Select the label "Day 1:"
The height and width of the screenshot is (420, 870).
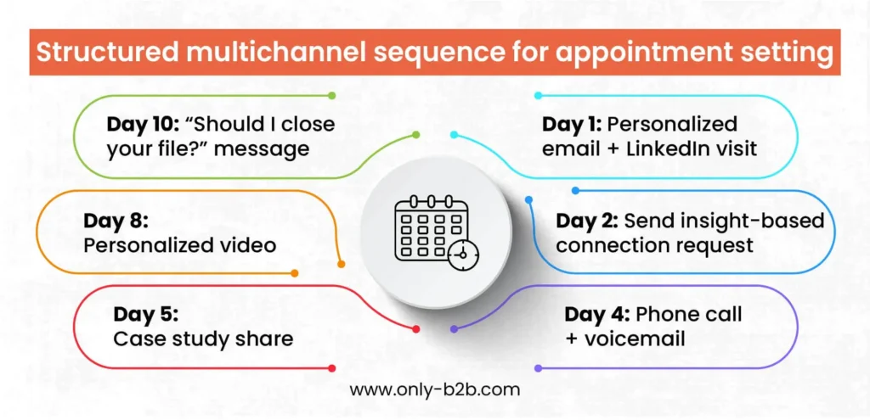(x=572, y=124)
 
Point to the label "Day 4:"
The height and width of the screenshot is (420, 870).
(x=596, y=315)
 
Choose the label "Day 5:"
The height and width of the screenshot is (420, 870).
(x=145, y=314)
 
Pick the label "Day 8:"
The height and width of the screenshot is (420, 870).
(x=116, y=221)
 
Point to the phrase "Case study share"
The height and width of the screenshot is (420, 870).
(x=203, y=339)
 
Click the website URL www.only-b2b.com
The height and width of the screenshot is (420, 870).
(x=434, y=390)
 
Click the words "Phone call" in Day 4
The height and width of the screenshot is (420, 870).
(x=689, y=315)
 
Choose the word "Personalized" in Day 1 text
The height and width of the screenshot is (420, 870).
(x=672, y=124)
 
